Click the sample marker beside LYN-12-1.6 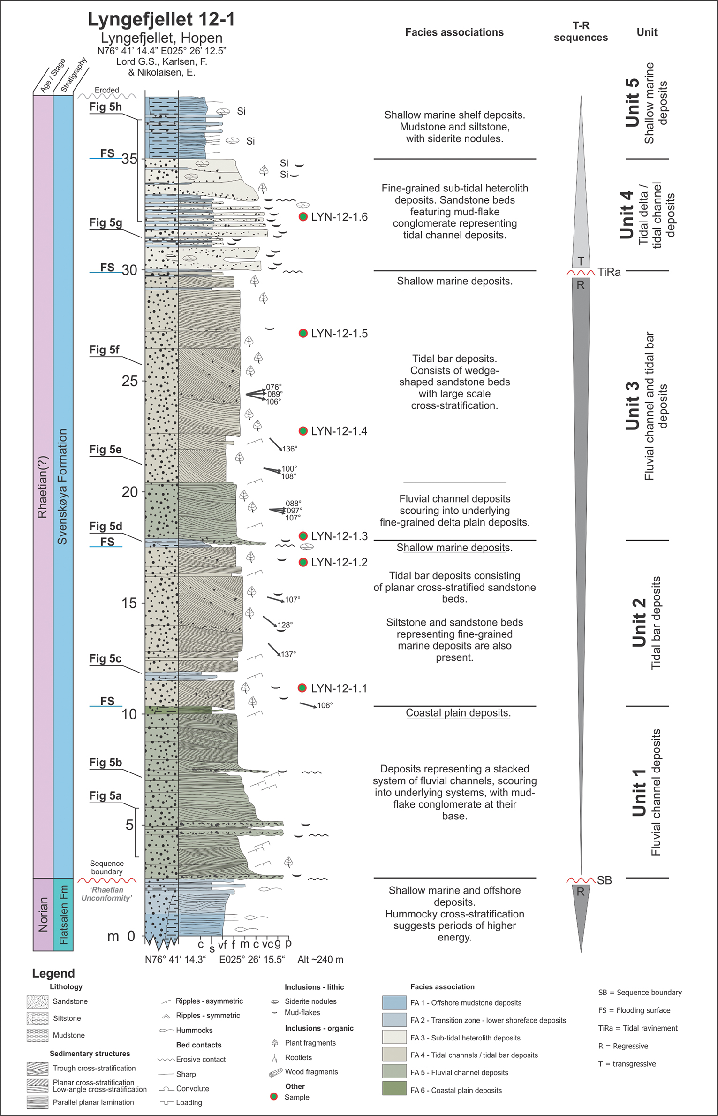(303, 217)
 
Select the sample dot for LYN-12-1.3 (303, 536)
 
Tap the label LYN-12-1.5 (339, 334)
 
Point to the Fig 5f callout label (104, 350)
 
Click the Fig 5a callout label (105, 795)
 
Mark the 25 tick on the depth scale (130, 381)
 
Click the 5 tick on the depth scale (129, 825)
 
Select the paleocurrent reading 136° (289, 449)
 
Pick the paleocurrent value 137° (288, 654)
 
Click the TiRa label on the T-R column (609, 272)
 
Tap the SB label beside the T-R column (604, 880)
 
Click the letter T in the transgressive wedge (581, 261)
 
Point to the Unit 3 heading (632, 406)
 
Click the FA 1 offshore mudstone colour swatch (394, 1002)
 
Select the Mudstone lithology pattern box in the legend (38, 1035)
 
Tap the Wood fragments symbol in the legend (275, 1072)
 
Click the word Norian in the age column (43, 914)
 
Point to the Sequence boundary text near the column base (107, 867)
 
